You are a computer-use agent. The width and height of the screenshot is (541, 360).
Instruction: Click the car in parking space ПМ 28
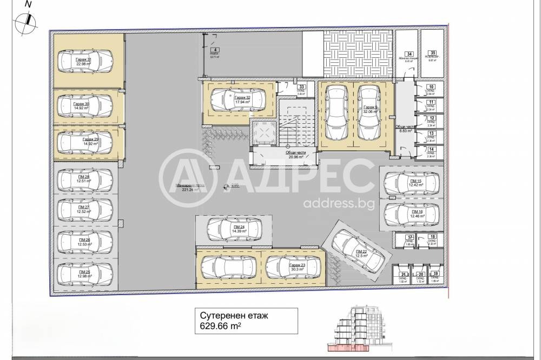click(84, 179)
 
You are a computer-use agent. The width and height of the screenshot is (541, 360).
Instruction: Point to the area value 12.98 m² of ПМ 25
click(84, 276)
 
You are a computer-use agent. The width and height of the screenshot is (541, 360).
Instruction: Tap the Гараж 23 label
click(297, 265)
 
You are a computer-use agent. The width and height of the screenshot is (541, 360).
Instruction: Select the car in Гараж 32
click(238, 99)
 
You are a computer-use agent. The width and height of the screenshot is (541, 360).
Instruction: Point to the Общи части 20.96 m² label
click(297, 155)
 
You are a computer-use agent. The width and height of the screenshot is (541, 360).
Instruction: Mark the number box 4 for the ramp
click(215, 49)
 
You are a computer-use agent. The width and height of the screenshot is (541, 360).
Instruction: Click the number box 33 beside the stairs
click(302, 86)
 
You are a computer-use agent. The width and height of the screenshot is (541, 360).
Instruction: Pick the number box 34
click(410, 54)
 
